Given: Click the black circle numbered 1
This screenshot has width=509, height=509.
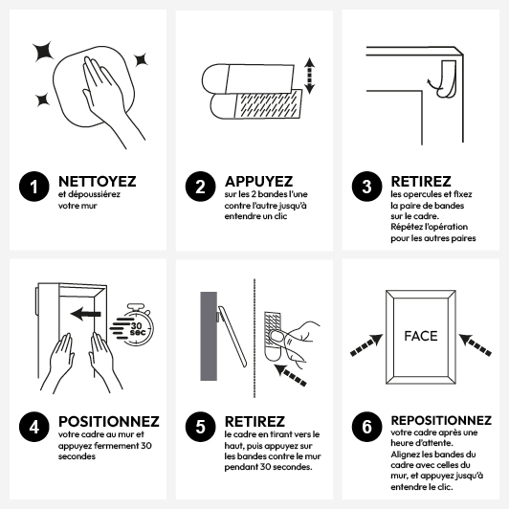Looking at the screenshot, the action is (34, 187).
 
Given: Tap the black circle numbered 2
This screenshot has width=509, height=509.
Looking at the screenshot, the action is (200, 187).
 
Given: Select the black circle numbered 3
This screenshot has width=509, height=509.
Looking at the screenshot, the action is (366, 187).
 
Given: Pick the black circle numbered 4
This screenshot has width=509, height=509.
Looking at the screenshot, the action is (34, 427).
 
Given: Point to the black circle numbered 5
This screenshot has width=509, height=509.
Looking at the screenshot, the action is (200, 427).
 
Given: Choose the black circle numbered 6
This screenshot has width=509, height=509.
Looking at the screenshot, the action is (366, 427).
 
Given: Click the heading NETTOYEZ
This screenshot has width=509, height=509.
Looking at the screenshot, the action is (97, 181).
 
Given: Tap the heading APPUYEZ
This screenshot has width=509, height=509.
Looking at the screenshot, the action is (258, 181).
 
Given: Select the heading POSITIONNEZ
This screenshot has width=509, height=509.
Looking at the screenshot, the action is (109, 421).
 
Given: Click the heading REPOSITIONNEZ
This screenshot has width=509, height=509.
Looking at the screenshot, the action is (441, 420).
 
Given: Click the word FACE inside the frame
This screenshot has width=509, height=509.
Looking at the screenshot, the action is (421, 336).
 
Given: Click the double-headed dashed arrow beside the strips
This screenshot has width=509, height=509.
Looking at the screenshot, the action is (309, 76).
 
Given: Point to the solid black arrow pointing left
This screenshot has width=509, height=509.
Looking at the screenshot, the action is (86, 314).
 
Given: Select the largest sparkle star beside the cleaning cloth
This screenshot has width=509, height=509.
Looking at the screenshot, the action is (43, 52).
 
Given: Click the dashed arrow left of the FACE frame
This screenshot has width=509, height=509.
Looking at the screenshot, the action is (366, 345).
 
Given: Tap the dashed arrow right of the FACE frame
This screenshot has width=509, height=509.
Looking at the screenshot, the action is (475, 345).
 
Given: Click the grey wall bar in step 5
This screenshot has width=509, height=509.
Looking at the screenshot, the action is (209, 336).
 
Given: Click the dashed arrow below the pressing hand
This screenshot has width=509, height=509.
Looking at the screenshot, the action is (290, 375).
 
